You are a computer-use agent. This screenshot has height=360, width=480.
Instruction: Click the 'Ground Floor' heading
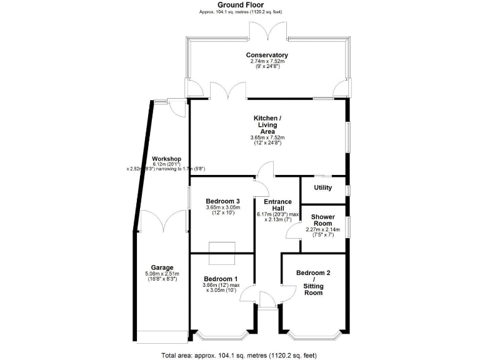tap(239, 5)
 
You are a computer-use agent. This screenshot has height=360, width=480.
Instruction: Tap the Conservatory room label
tap(267, 55)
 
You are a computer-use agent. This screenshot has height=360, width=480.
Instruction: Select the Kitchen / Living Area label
tap(267, 124)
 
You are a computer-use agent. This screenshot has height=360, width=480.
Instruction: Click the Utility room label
tap(323, 187)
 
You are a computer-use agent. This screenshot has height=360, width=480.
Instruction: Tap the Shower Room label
tap(323, 219)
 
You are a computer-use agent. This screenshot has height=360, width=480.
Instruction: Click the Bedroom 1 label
tap(221, 279)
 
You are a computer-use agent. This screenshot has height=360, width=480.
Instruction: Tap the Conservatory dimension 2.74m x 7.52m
tap(267, 62)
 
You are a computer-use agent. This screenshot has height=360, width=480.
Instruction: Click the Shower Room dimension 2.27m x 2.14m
tap(323, 229)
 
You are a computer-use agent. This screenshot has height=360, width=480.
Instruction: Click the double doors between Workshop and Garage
tap(162, 222)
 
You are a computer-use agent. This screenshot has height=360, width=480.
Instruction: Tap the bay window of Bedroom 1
tap(221, 336)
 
